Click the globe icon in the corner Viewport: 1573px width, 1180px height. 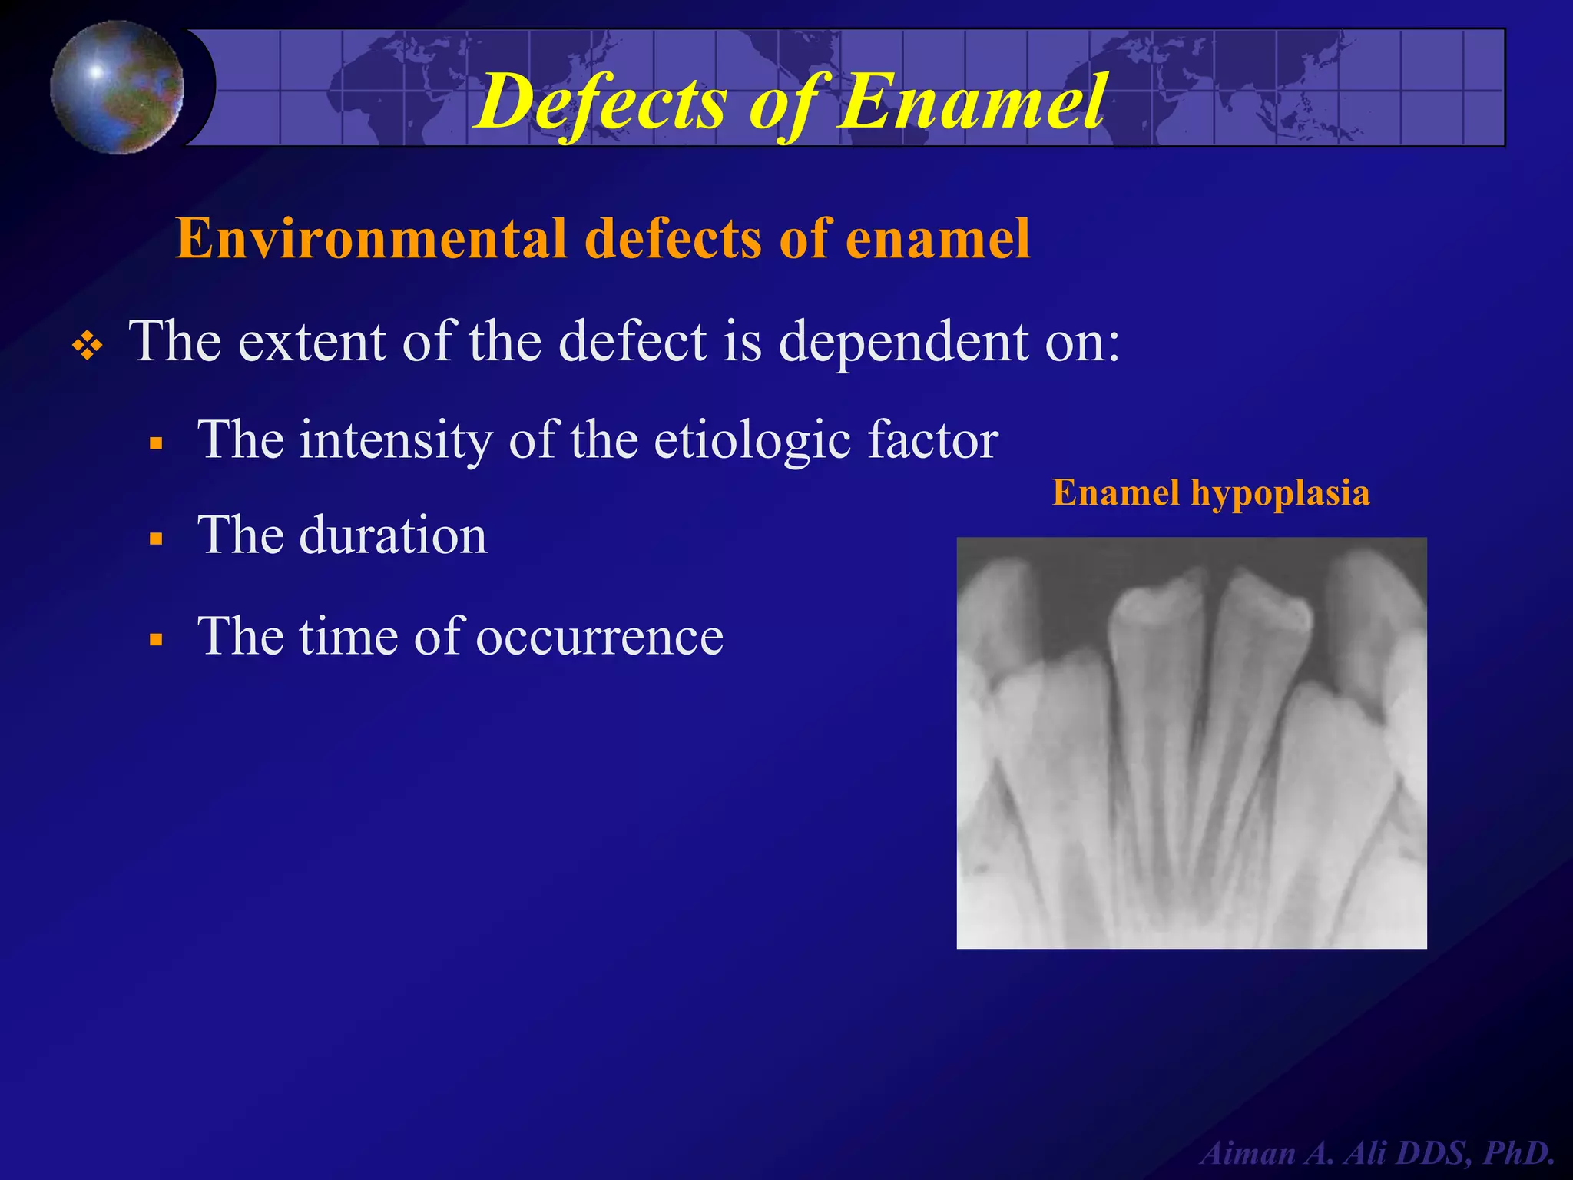click(x=118, y=87)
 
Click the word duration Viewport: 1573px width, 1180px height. click(x=392, y=535)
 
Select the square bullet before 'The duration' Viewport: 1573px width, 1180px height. click(x=157, y=539)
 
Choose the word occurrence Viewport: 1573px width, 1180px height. click(x=599, y=637)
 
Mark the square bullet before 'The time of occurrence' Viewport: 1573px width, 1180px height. click(x=157, y=640)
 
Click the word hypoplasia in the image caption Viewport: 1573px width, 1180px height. click(x=1280, y=492)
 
